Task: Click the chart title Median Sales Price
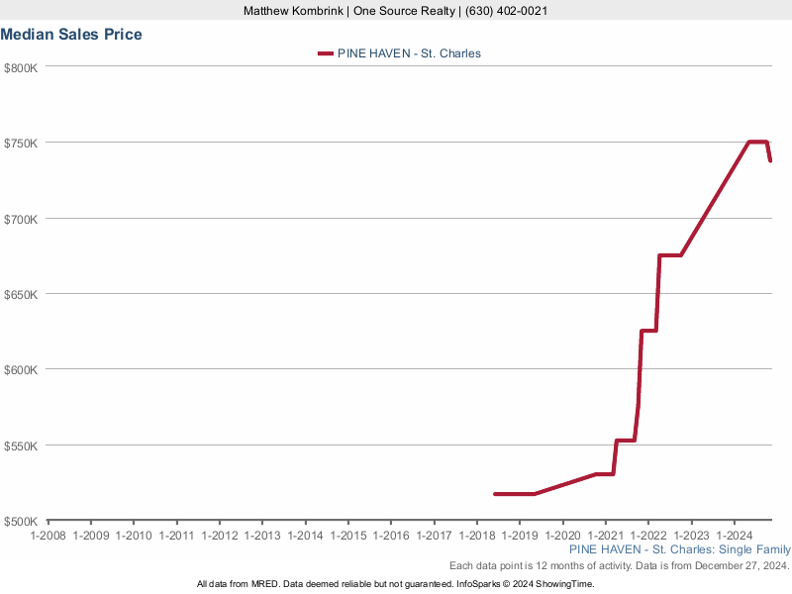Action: (71, 35)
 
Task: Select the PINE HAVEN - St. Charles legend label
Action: (409, 53)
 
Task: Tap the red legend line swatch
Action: (325, 53)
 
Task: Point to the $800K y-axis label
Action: (20, 67)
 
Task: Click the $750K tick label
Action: (20, 143)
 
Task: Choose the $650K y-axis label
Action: (20, 294)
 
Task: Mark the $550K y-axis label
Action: (20, 445)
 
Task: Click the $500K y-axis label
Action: (20, 521)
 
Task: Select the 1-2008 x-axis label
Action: (48, 536)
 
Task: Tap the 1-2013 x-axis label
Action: (262, 536)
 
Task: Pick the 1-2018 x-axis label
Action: (477, 536)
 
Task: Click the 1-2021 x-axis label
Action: (606, 536)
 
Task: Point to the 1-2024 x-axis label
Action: (735, 536)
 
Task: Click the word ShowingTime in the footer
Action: (563, 584)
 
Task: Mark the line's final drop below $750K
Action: (769, 153)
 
